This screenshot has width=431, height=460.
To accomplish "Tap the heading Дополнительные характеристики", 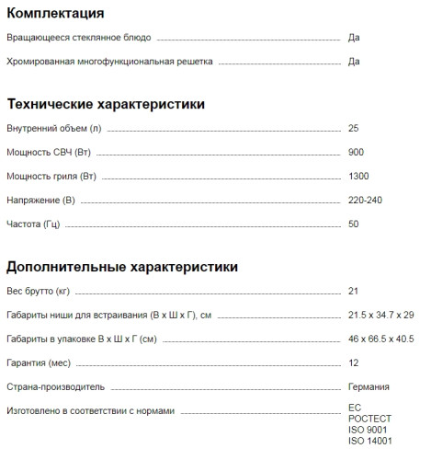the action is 122,267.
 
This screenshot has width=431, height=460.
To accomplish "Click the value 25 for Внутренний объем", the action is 355,127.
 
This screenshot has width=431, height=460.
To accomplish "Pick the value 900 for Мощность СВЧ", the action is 357,151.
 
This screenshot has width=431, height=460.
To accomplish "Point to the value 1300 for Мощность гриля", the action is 359,176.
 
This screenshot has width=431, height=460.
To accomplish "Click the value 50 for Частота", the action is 355,224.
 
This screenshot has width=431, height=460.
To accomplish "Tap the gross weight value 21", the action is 354,291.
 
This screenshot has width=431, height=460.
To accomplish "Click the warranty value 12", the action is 354,362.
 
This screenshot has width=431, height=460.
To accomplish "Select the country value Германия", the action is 369,386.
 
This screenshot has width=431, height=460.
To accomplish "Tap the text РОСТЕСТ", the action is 370,419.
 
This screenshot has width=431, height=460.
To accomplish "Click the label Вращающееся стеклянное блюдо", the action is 79,38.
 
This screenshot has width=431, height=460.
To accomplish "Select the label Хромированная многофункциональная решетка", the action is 109,62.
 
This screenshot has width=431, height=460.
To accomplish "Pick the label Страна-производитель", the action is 56,386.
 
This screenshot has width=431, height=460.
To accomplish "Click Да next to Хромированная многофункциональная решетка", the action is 355,62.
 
